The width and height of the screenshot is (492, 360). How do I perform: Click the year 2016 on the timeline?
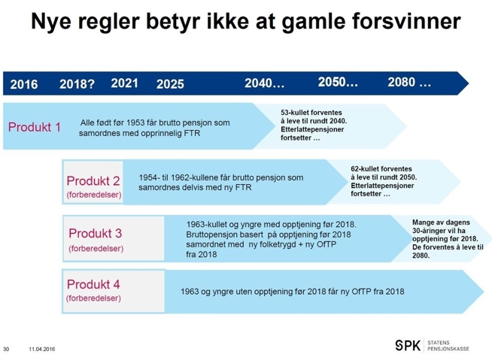[x=24, y=84]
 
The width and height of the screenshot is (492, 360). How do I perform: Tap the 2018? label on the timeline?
[x=77, y=84]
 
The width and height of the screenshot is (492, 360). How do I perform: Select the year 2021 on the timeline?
[x=125, y=83]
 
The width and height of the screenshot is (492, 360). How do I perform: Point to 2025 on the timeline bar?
[x=170, y=84]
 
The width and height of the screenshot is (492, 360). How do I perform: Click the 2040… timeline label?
[x=265, y=83]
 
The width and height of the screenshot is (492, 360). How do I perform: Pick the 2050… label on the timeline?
[x=338, y=82]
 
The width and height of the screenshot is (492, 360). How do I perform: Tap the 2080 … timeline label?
[x=409, y=82]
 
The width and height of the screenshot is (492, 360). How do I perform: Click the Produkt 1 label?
[x=35, y=127]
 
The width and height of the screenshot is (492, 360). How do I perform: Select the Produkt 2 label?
[x=93, y=181]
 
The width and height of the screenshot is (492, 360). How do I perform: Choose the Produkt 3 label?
[x=96, y=233]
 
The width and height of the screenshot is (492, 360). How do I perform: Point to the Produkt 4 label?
[x=93, y=284]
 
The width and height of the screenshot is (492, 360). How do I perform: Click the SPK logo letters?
[x=408, y=346]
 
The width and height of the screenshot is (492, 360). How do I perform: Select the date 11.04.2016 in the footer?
[x=42, y=349]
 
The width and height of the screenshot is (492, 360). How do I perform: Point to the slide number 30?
[x=6, y=349]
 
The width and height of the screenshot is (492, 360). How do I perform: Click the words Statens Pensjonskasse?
[x=448, y=346]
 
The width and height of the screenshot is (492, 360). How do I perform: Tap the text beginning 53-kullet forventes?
[x=314, y=125]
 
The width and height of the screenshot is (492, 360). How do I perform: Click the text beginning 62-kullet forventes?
[x=384, y=181]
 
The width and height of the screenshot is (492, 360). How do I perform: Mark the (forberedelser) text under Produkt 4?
[x=93, y=298]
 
